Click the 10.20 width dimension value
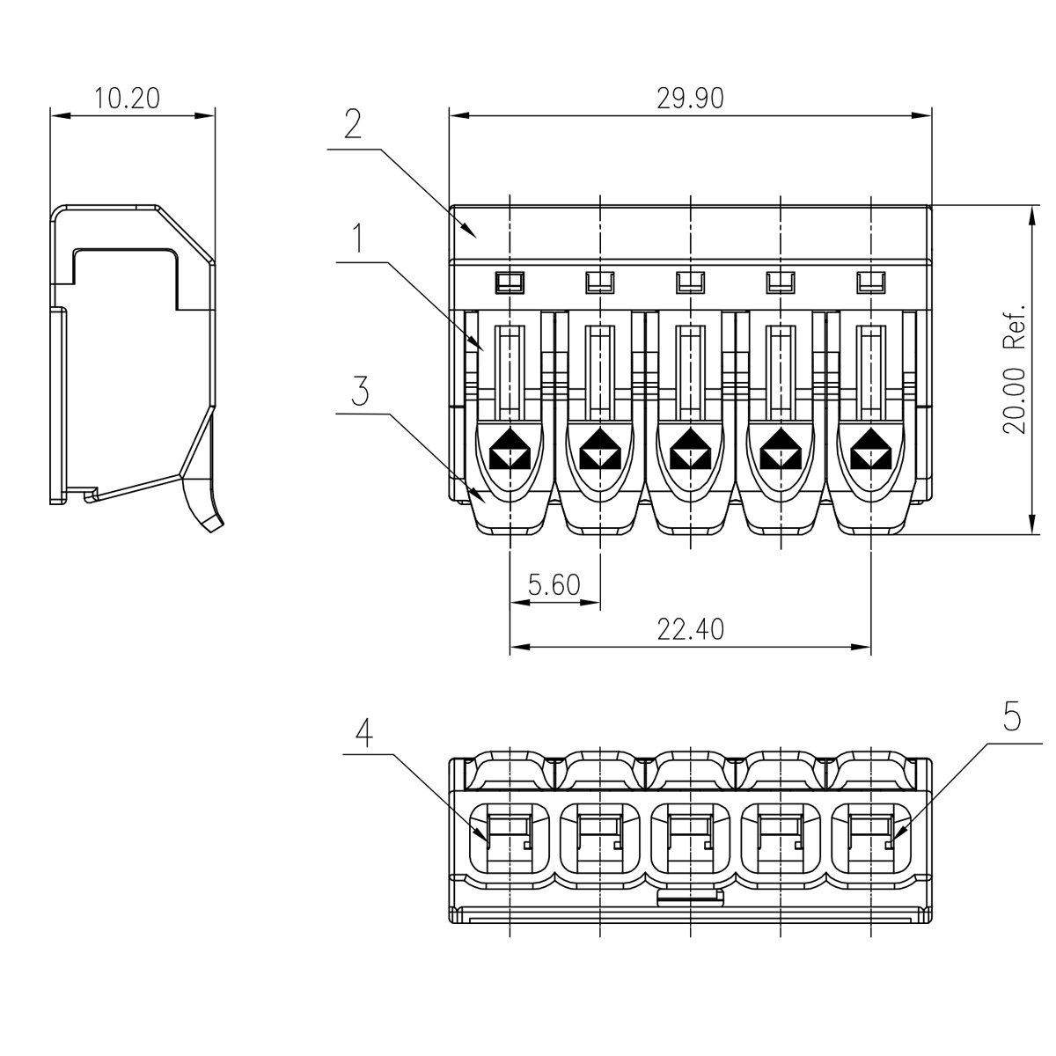pos(128,98)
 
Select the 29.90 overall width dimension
pos(690,98)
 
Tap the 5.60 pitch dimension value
pos(554,584)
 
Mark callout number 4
pos(362,733)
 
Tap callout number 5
pos(1011,717)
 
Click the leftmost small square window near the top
pos(510,282)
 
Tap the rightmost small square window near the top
pos(869,282)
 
